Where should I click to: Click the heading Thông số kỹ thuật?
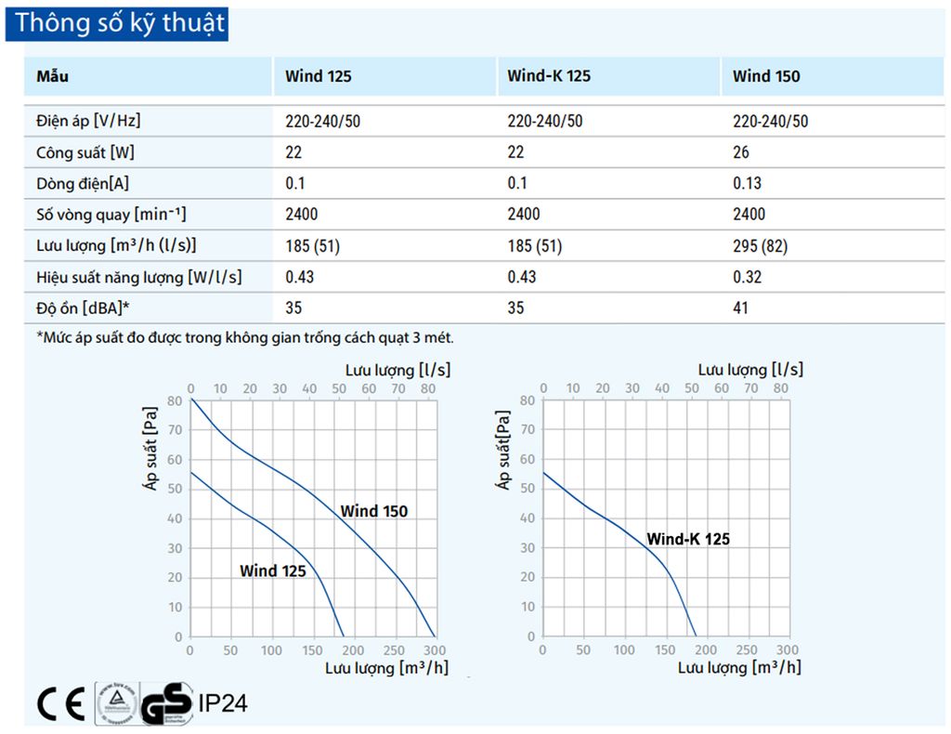click(120, 23)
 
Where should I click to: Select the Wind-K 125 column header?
click(549, 76)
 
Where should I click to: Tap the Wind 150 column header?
click(765, 76)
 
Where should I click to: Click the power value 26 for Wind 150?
click(740, 152)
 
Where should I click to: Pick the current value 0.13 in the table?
click(747, 183)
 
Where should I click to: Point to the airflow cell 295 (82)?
click(762, 245)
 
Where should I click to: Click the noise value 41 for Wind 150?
click(740, 308)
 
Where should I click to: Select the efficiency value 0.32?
click(747, 277)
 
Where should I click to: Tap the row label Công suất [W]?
click(79, 152)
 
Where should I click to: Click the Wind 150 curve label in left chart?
click(373, 511)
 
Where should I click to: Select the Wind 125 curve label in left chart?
click(272, 570)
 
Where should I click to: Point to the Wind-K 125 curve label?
click(688, 539)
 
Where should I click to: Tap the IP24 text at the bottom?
click(222, 703)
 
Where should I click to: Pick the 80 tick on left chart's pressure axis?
click(176, 400)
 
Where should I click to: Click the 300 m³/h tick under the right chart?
click(787, 650)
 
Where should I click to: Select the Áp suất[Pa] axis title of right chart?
click(504, 450)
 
